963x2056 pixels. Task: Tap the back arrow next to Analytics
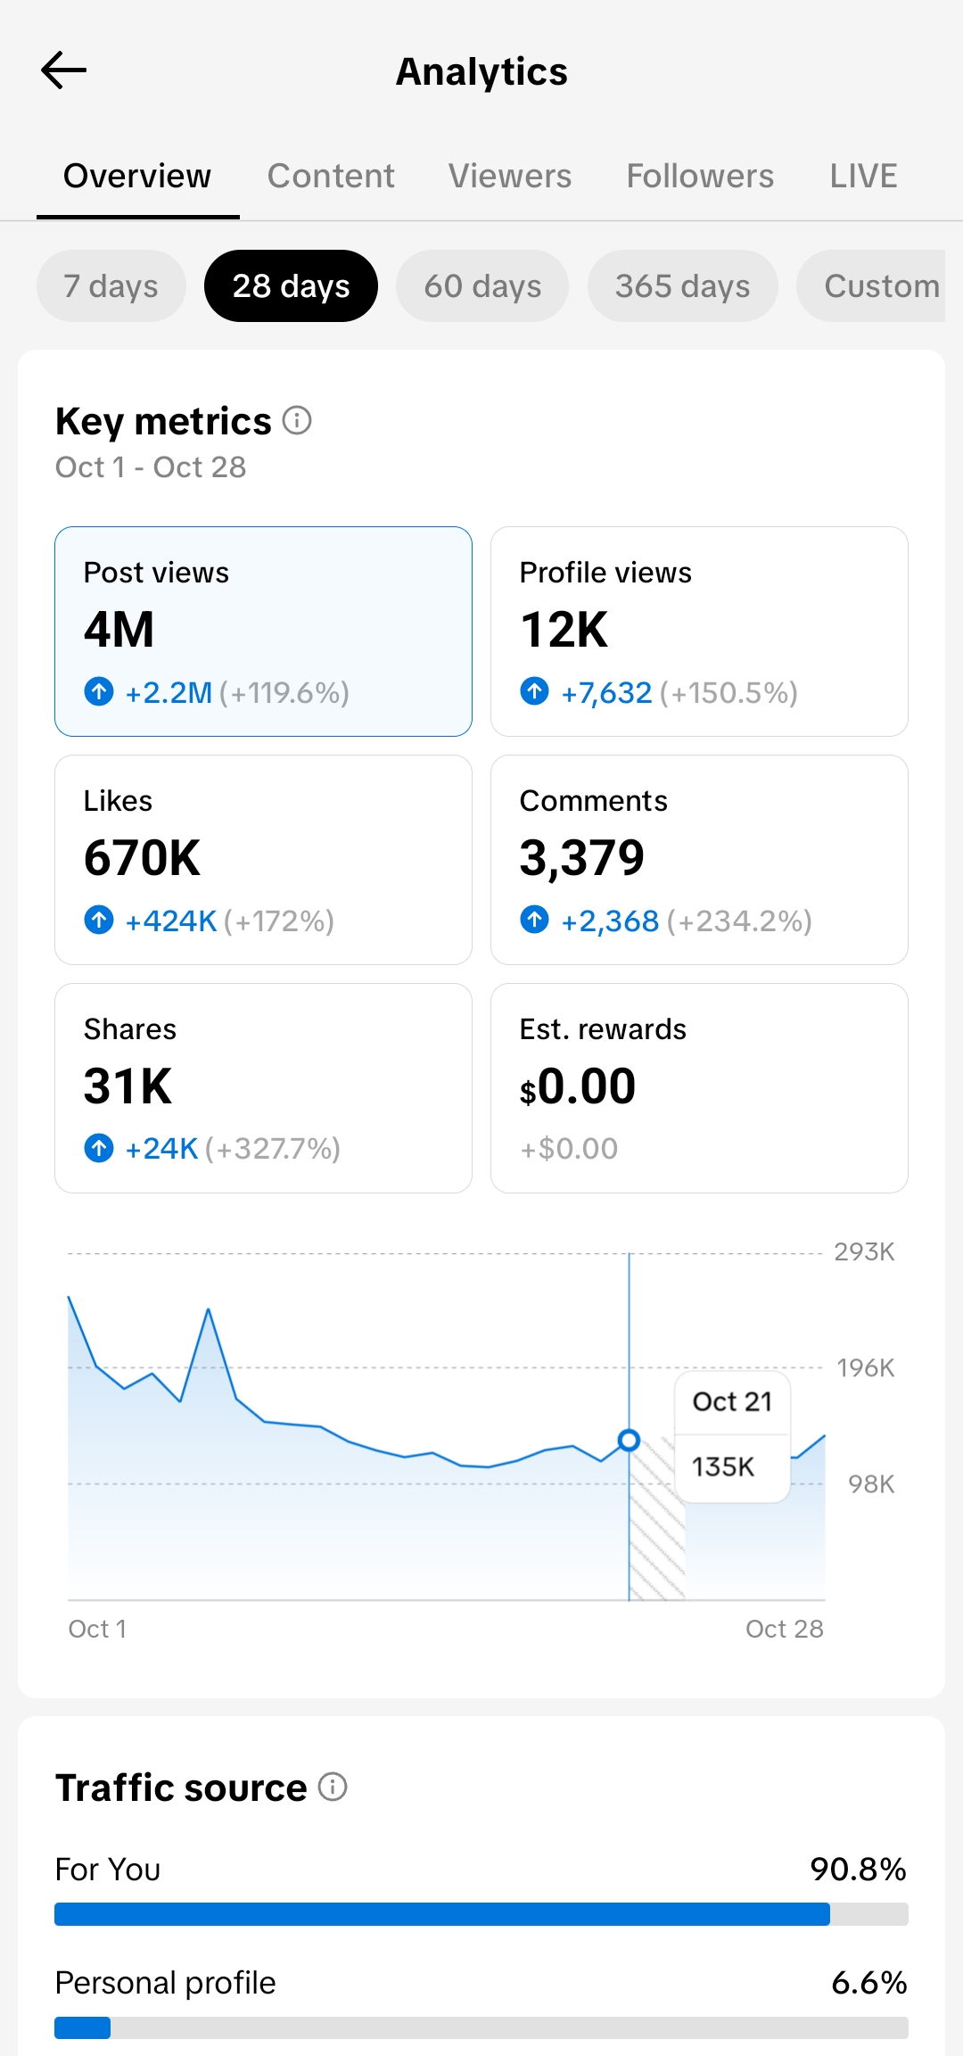(x=64, y=70)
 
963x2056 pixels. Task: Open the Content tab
(x=331, y=176)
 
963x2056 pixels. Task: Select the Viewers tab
(x=510, y=176)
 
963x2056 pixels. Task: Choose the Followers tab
(x=700, y=176)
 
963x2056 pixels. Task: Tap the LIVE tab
(x=863, y=176)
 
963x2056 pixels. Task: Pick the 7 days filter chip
(x=111, y=286)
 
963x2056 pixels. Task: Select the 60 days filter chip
(x=482, y=286)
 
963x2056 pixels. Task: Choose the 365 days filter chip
(x=682, y=286)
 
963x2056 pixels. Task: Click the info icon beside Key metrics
(x=297, y=420)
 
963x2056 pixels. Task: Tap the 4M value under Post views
(x=119, y=630)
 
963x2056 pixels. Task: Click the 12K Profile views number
(x=564, y=630)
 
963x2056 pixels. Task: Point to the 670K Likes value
(x=143, y=858)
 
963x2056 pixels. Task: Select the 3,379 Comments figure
(x=581, y=858)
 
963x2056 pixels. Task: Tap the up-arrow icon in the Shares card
(x=99, y=1148)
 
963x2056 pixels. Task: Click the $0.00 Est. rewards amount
(x=578, y=1086)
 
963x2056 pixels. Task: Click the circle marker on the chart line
(x=629, y=1440)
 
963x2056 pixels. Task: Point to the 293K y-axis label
(x=864, y=1251)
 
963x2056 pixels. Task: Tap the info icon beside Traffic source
(x=333, y=1787)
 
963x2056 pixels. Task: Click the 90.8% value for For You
(x=858, y=1869)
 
